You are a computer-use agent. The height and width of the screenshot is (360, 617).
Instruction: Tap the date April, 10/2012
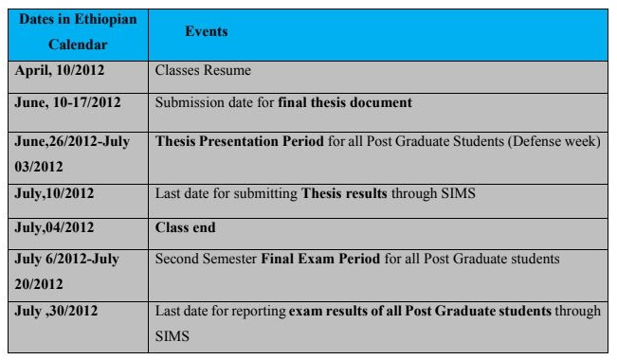[x=58, y=72]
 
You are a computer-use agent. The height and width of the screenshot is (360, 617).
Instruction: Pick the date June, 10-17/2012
[x=67, y=100]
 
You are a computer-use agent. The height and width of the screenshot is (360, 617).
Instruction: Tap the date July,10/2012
[x=56, y=192]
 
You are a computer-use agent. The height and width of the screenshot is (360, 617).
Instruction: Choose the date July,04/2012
[x=56, y=227]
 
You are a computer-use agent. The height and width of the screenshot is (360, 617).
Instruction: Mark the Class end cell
[x=186, y=227]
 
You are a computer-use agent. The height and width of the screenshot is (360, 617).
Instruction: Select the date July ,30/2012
[x=58, y=310]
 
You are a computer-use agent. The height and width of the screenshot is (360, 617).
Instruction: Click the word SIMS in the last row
[x=171, y=335]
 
